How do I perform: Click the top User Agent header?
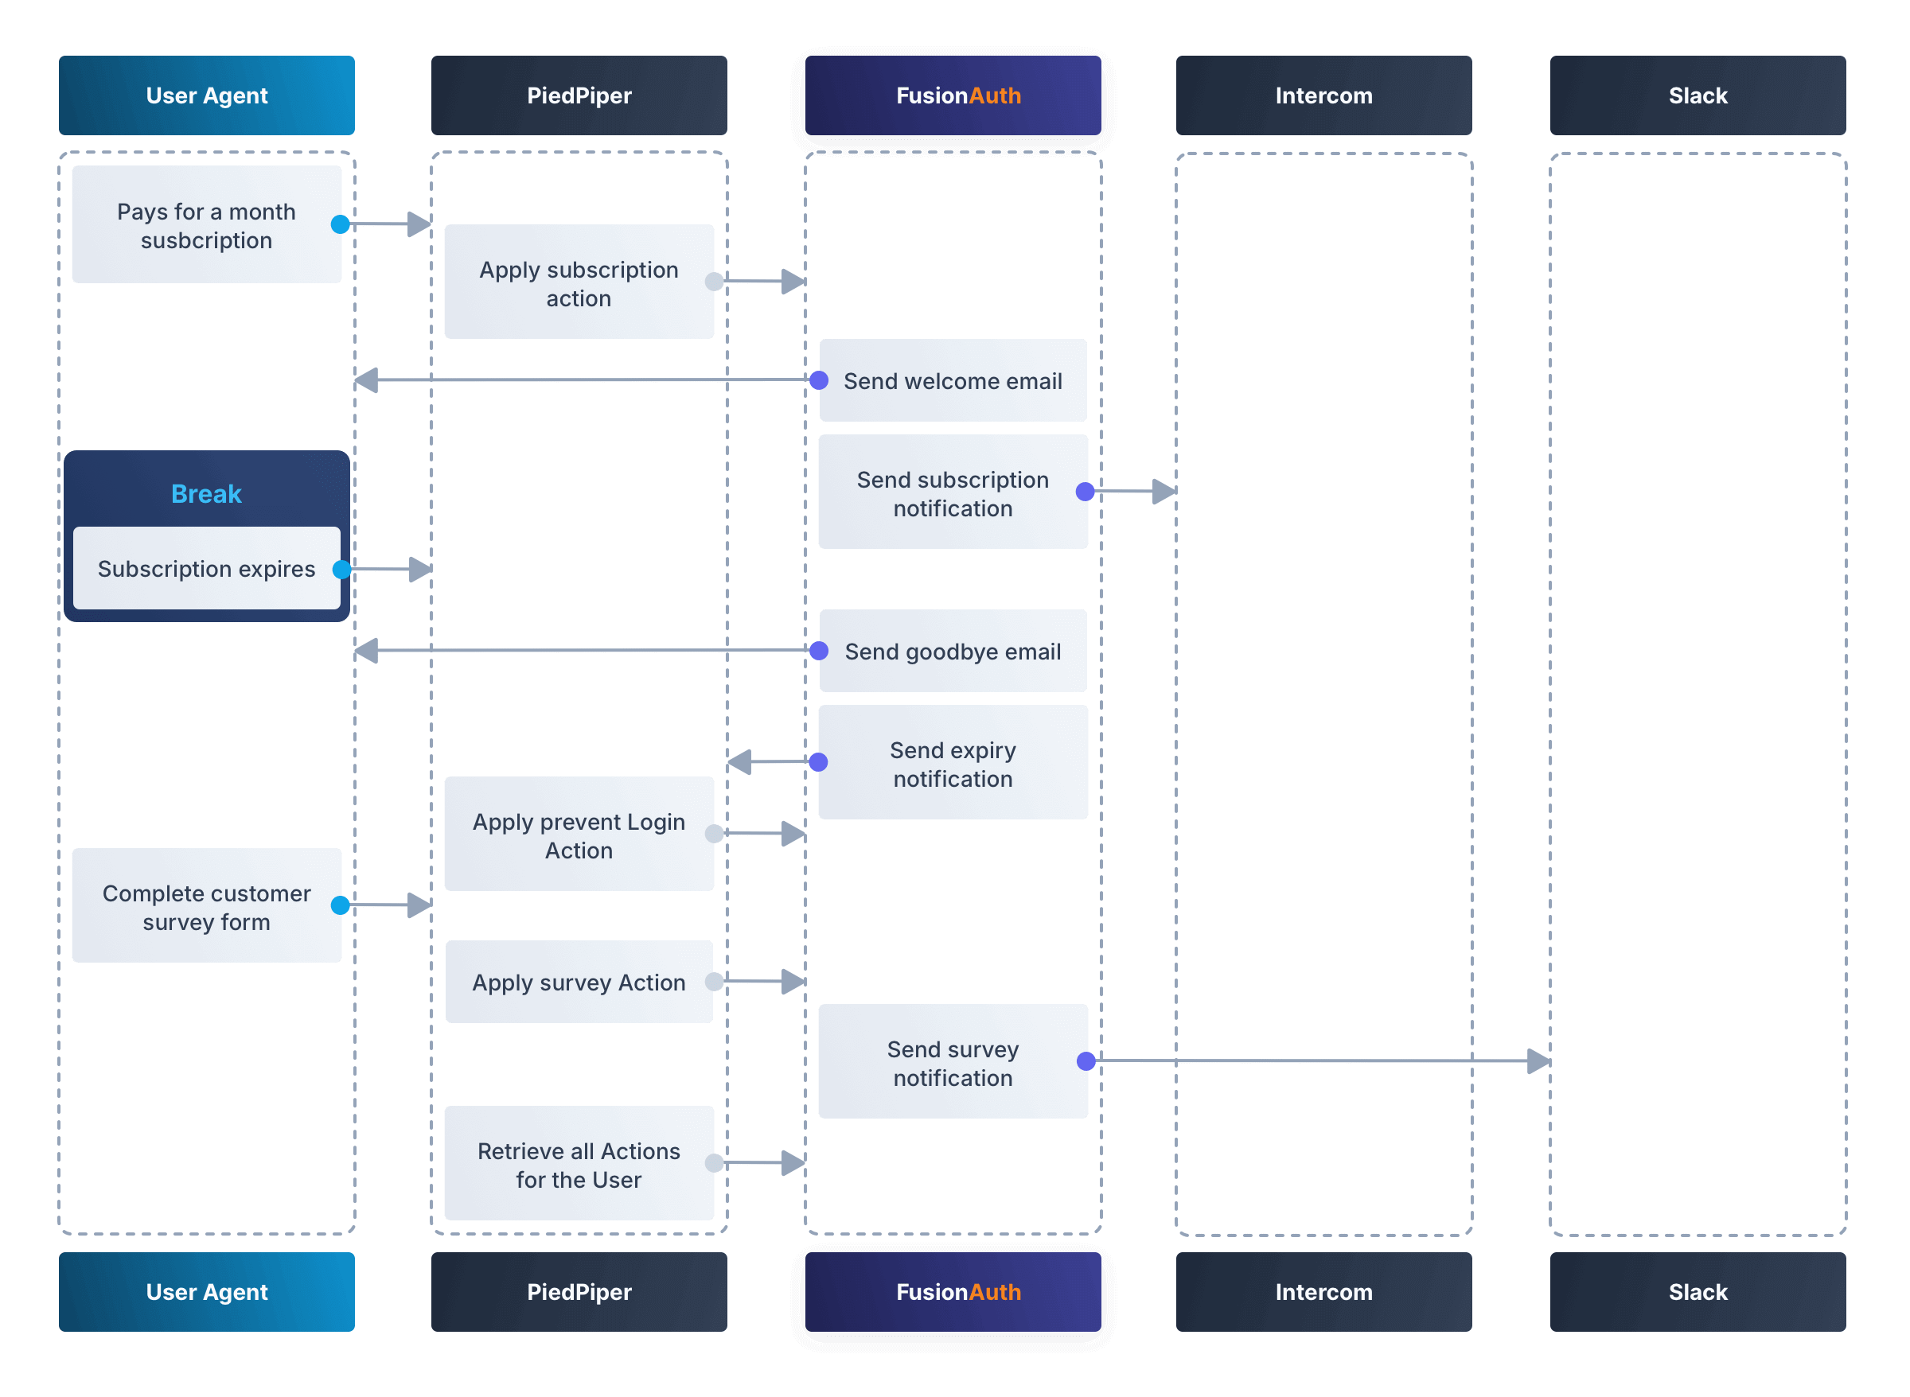(206, 95)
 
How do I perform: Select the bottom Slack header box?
(1697, 1291)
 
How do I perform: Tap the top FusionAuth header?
(953, 95)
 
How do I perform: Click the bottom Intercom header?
(1323, 1291)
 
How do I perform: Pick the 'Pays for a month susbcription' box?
(206, 225)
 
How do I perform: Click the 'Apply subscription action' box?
(579, 282)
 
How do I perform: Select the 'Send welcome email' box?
(953, 380)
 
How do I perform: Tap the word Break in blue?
(206, 494)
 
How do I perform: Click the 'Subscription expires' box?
(206, 568)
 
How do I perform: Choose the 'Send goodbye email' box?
(953, 651)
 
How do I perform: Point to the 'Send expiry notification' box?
(953, 763)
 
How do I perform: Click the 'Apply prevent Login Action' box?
(579, 835)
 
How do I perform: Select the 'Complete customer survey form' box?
(206, 905)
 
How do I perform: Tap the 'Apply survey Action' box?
(579, 982)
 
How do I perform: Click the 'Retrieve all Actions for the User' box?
(579, 1164)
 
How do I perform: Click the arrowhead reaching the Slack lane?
(1539, 1060)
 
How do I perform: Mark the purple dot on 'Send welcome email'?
(819, 380)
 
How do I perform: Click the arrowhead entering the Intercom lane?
(1165, 492)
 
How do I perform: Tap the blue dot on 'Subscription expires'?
(341, 569)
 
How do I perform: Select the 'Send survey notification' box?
(953, 1062)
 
